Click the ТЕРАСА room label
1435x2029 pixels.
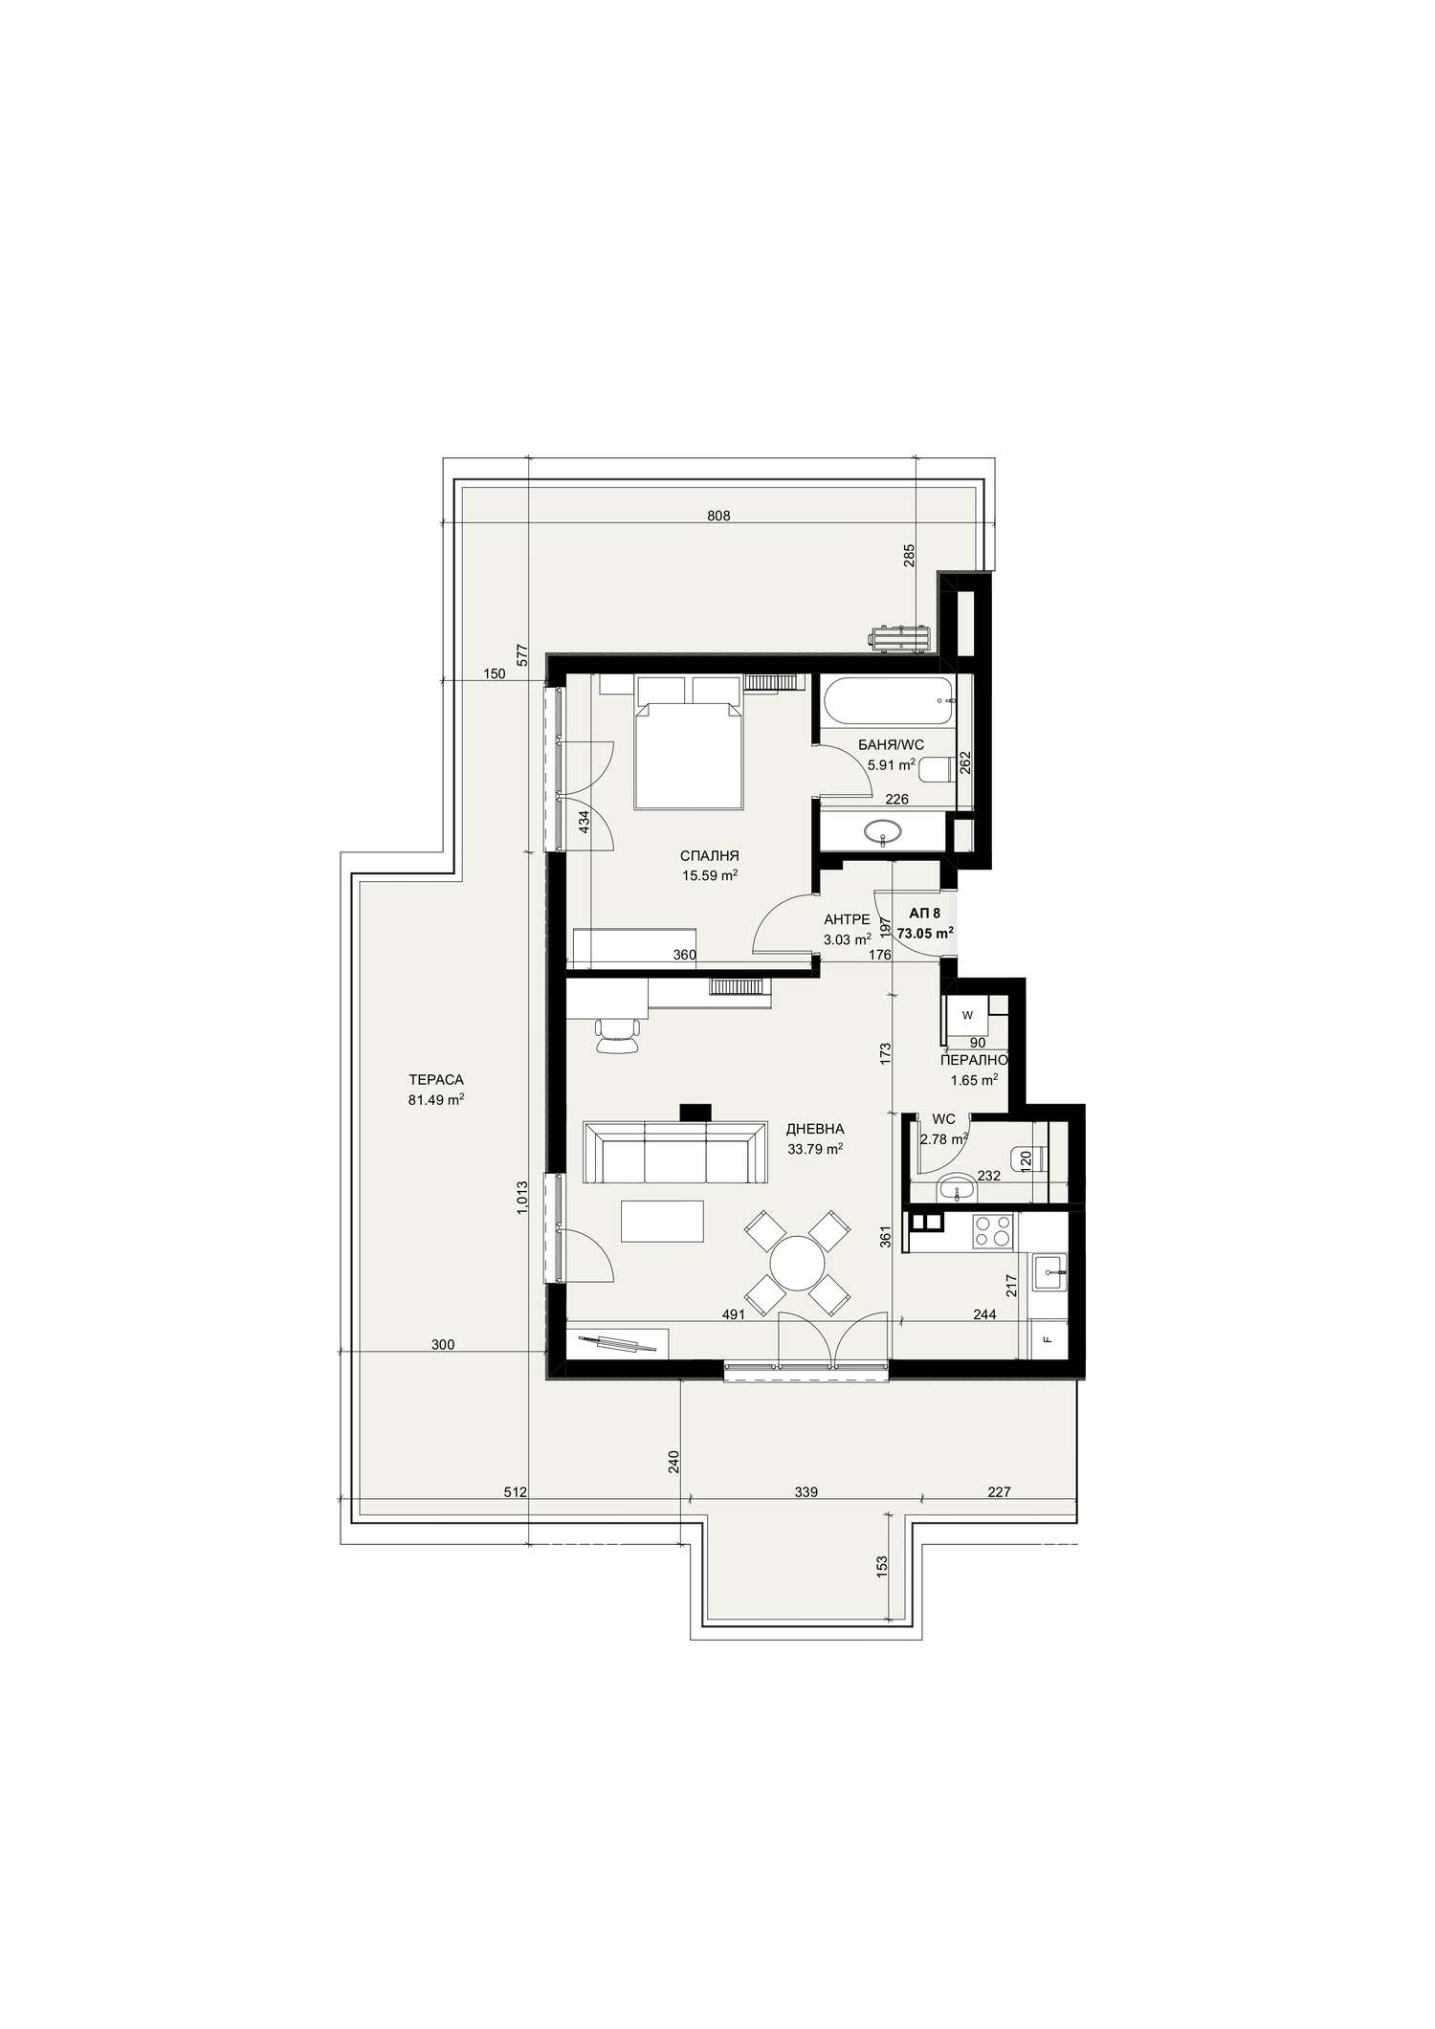[435, 1080]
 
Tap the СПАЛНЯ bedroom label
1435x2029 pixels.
[709, 856]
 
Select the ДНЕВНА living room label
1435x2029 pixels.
[815, 1129]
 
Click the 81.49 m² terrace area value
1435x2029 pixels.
[435, 1100]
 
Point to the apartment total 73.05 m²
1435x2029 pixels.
[924, 933]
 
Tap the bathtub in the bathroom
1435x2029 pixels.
[887, 700]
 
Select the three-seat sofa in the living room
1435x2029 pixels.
[674, 1153]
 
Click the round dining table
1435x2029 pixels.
[798, 1264]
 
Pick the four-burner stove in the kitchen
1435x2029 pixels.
[993, 1230]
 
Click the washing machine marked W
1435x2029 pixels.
[967, 1015]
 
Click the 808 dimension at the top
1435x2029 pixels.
[718, 517]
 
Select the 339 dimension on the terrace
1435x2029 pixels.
[806, 1491]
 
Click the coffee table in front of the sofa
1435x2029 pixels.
[662, 1222]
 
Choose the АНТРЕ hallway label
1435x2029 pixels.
[847, 919]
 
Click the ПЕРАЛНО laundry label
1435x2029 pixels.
[973, 1060]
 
